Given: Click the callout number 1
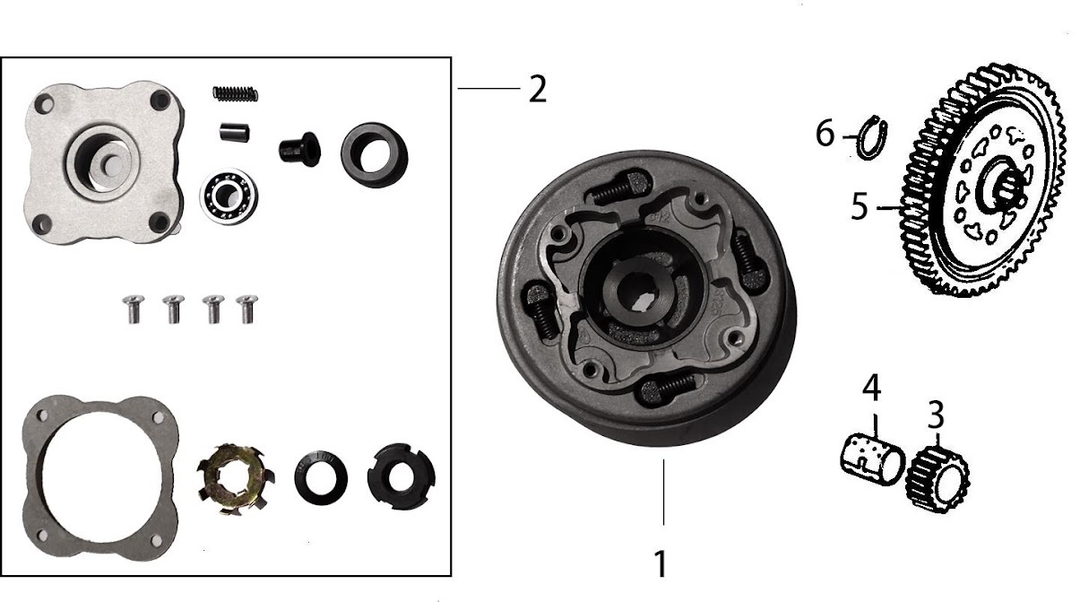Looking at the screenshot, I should click(x=660, y=564).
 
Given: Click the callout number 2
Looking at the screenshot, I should click(x=537, y=90).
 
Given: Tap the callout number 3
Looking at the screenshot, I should click(x=935, y=415).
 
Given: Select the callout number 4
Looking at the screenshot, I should click(x=871, y=388).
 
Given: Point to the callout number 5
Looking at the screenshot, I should click(x=860, y=207).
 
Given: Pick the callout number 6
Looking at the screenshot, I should click(x=825, y=135).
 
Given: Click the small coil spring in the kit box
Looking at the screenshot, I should click(x=236, y=92).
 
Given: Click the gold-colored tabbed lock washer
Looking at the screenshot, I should click(x=235, y=475).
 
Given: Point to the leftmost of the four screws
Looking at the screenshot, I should click(x=133, y=309).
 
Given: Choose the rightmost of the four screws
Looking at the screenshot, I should click(x=244, y=309).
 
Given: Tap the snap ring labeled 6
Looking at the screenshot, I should click(x=869, y=137).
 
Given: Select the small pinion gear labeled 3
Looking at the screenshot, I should click(x=937, y=477).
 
